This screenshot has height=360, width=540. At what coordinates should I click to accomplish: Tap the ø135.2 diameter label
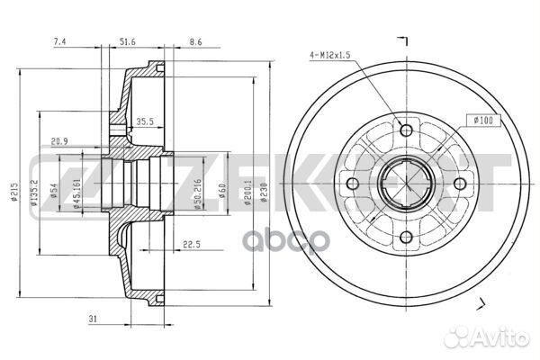[34, 193]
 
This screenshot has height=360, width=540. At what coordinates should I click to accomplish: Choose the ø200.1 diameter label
[248, 192]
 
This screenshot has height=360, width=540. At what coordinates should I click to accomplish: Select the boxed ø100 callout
[481, 121]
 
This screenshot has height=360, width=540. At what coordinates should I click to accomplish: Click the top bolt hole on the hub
[406, 131]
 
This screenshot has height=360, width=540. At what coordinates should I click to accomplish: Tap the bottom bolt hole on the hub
[406, 238]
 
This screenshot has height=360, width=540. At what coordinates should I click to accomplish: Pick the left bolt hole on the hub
[353, 184]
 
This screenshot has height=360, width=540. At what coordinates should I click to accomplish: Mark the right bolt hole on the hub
[459, 184]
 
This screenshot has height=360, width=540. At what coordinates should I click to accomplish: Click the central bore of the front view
[406, 184]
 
